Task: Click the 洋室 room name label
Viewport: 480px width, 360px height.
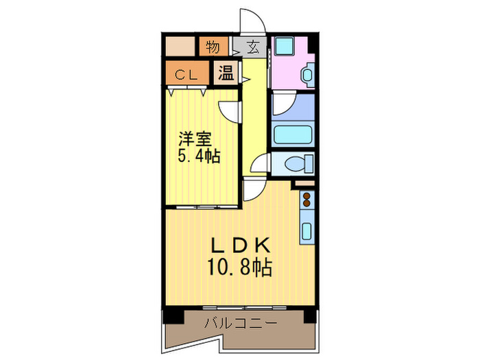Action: pyautogui.click(x=195, y=137)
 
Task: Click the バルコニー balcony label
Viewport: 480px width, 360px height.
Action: pyautogui.click(x=240, y=323)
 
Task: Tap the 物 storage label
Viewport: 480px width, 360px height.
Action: pyautogui.click(x=213, y=47)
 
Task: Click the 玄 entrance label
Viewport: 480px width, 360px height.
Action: pyautogui.click(x=253, y=47)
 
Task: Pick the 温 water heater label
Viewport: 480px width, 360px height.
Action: pyautogui.click(x=226, y=73)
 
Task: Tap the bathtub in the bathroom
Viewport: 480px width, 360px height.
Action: pyautogui.click(x=293, y=134)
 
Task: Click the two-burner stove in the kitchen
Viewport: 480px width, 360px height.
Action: pyautogui.click(x=307, y=202)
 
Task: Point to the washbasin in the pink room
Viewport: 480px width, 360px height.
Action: pyautogui.click(x=307, y=74)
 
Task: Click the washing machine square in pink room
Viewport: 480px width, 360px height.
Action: pyautogui.click(x=284, y=47)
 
